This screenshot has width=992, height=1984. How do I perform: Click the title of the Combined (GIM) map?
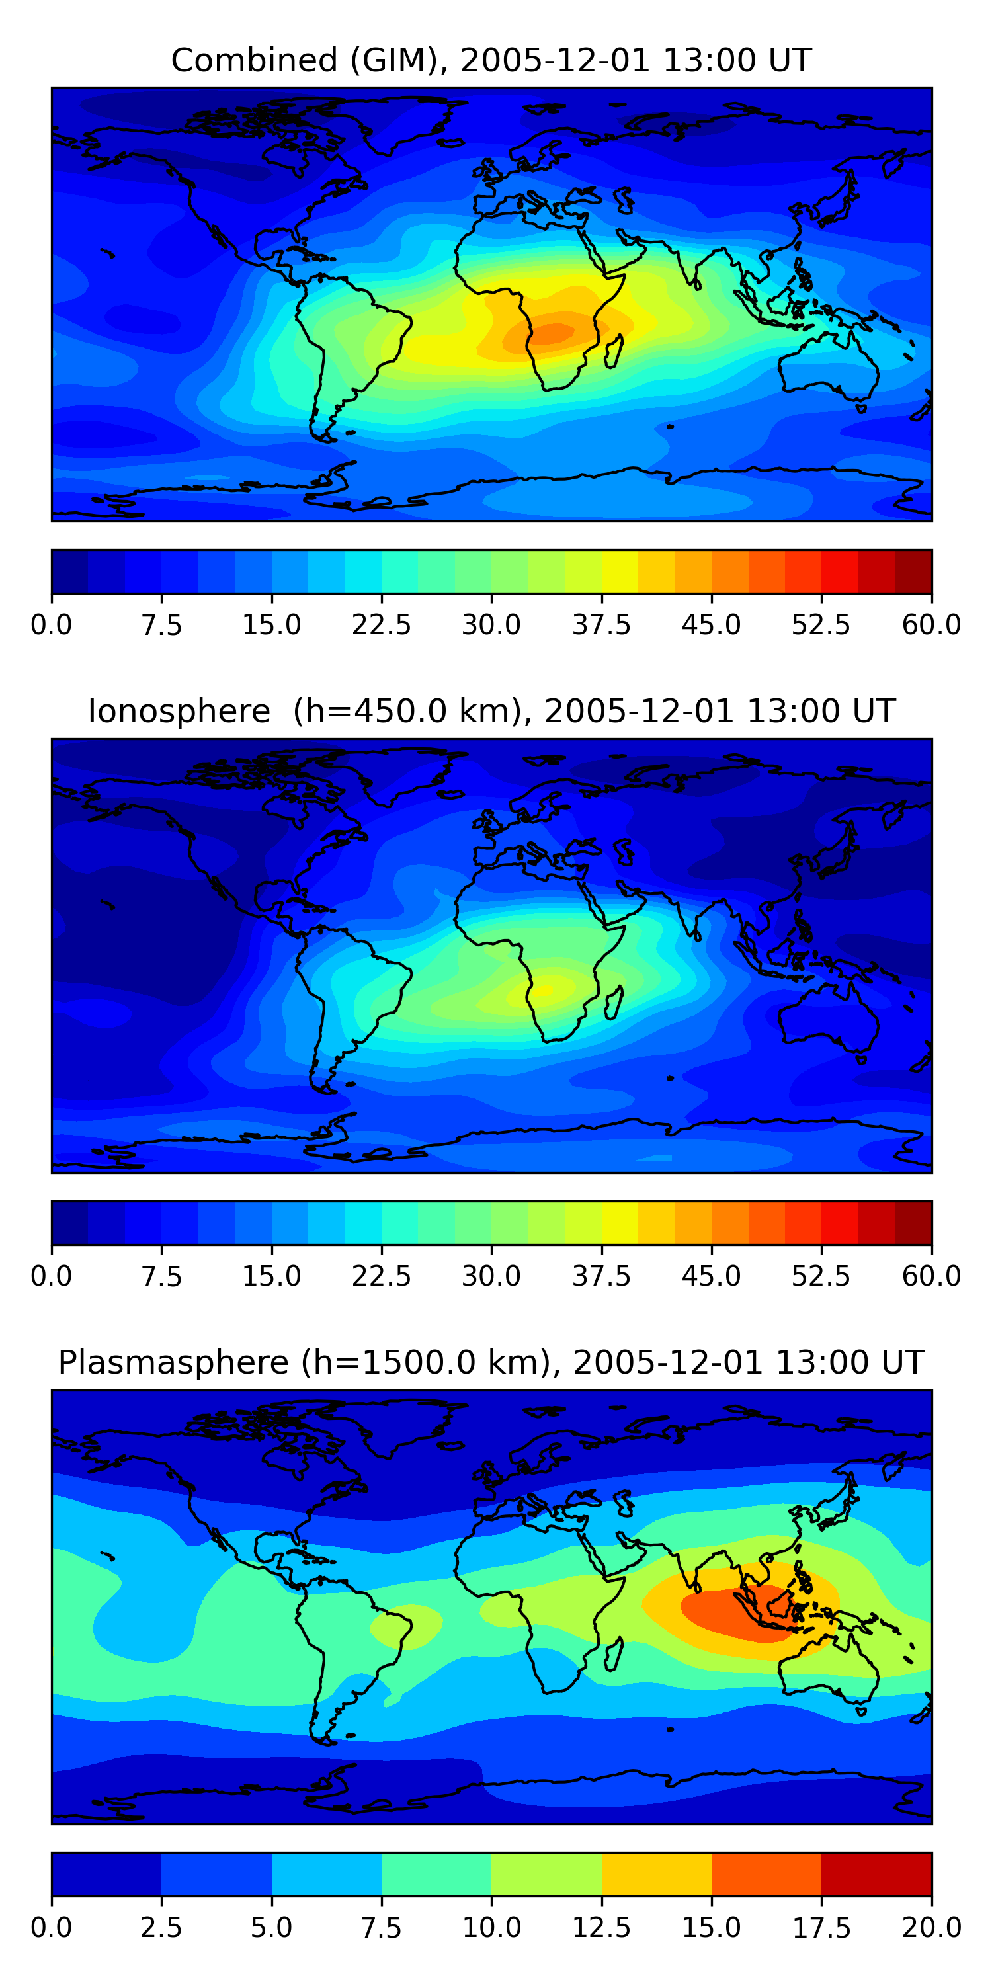[491, 60]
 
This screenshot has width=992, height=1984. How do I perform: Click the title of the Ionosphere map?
[491, 711]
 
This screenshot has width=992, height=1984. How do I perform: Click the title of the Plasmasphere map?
[491, 1362]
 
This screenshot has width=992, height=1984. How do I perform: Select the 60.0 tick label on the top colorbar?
[931, 624]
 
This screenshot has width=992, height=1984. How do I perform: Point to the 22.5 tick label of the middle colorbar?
[381, 1276]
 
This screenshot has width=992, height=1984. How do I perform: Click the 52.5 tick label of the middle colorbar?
[821, 1276]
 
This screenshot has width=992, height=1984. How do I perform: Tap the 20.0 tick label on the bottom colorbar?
[931, 1927]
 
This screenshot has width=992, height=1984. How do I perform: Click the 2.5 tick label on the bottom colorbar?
[161, 1927]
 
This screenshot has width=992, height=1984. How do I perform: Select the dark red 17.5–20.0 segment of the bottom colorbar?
[876, 1874]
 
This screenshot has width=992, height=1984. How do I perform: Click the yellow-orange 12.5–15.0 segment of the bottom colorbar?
[656, 1874]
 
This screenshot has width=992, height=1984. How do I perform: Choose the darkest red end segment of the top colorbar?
[913, 571]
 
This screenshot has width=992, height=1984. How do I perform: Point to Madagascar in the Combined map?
[614, 351]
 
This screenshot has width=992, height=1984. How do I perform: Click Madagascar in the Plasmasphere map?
[614, 1653]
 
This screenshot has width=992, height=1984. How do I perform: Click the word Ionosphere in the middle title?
[179, 711]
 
